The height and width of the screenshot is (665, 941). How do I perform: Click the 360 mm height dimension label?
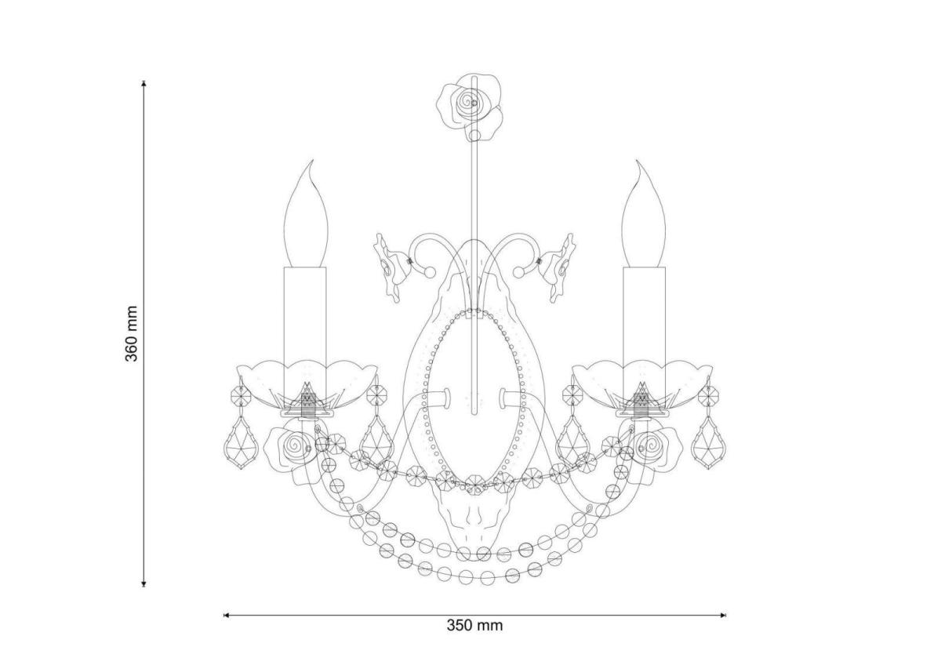click(131, 334)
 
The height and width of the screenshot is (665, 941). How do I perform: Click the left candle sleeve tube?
click(305, 332)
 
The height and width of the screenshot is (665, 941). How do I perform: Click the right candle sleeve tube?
click(645, 332)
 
